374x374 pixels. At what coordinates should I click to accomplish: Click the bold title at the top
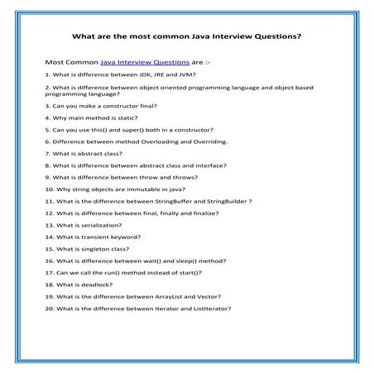point(186,36)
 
